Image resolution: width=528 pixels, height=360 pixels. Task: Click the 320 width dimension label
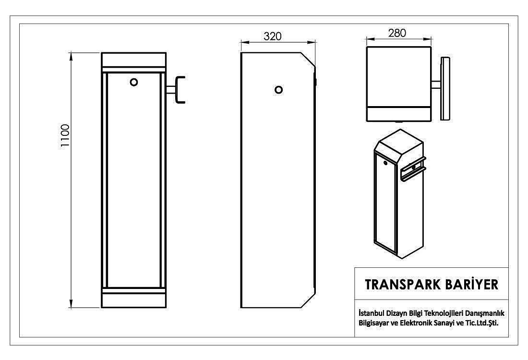(273, 36)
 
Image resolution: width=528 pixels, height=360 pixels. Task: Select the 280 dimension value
(397, 33)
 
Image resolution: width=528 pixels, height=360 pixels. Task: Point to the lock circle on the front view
(134, 82)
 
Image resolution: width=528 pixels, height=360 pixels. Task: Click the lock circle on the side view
(278, 90)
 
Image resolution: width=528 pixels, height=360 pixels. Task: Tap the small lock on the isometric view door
(385, 163)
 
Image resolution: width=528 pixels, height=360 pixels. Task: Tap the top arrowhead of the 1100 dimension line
(71, 56)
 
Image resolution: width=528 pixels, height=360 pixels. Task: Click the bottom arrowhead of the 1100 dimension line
(71, 304)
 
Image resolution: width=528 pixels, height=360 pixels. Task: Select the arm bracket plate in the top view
(445, 88)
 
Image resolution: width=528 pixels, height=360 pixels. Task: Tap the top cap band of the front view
(134, 60)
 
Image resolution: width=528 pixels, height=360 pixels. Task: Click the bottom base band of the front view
(134, 300)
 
